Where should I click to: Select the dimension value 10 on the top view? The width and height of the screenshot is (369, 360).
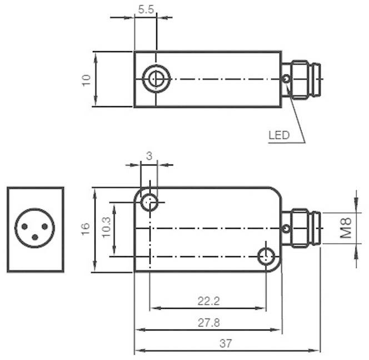coord(86,79)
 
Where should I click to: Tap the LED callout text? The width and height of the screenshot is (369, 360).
coord(279,135)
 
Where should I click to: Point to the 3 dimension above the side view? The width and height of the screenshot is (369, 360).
coord(149,156)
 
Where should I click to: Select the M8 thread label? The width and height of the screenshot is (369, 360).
coord(346,228)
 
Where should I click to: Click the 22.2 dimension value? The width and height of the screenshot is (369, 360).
coord(208,301)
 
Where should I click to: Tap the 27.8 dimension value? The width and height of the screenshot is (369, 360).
coord(208,322)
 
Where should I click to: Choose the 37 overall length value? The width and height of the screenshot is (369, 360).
coord(225,344)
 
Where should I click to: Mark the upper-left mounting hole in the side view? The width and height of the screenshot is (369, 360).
coord(149,202)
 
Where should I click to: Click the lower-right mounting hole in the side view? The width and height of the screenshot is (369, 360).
coord(267,256)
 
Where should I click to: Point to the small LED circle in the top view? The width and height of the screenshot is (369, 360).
coord(286,79)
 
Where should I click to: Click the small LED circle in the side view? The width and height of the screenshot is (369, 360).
coord(286,229)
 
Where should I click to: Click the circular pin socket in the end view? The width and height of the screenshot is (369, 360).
coord(35,228)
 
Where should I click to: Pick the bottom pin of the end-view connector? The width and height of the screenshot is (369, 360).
coord(35,237)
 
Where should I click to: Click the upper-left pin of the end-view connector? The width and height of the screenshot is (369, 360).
coord(26,226)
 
